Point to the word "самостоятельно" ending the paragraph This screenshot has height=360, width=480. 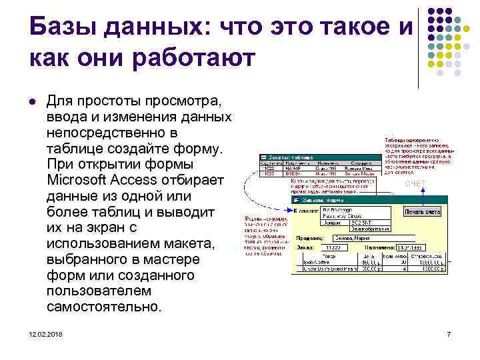104,307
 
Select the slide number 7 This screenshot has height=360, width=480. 449,333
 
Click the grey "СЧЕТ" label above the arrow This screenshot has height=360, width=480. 415,183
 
